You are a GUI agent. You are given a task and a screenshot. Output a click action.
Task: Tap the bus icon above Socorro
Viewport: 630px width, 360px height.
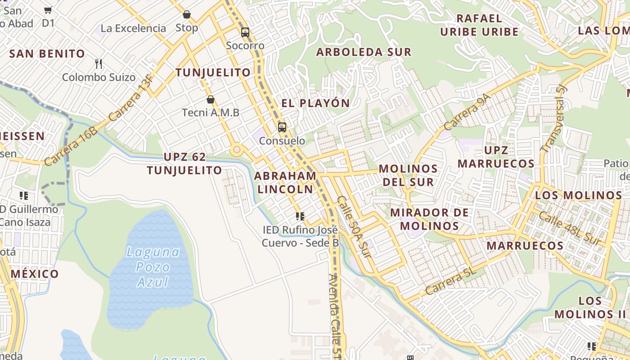coord(245,32)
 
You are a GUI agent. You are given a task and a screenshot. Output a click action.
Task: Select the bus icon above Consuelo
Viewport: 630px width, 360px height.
coord(282,127)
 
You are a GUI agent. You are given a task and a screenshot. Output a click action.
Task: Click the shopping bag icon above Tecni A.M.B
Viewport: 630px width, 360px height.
coord(210,99)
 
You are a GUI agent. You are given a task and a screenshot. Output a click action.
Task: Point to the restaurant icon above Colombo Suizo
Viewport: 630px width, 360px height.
coord(99,63)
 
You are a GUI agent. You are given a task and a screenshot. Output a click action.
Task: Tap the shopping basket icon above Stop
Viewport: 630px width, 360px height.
coord(186,14)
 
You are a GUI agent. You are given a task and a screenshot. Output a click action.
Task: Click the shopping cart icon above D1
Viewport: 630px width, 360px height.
coord(48,9)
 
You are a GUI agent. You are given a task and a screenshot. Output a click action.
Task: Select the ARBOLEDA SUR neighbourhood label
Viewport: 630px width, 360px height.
coord(364,52)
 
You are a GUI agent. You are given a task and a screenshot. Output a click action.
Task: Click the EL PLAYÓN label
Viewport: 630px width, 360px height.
coord(315,103)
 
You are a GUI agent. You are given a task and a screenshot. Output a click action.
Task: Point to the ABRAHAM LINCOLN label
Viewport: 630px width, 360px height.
coord(285,182)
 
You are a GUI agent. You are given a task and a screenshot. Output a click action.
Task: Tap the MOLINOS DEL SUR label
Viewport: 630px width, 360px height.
coord(408,175)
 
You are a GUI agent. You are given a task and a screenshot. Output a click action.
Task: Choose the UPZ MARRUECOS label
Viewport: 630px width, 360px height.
coord(496,157)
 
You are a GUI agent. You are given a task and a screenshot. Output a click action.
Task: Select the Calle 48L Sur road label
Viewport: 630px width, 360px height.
coord(570,229)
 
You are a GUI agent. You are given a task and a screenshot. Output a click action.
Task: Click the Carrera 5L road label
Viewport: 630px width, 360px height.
coord(450,281)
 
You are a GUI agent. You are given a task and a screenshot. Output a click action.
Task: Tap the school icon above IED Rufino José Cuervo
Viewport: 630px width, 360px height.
coord(300,216)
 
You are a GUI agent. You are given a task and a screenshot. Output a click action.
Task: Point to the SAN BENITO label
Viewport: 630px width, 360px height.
coord(47,54)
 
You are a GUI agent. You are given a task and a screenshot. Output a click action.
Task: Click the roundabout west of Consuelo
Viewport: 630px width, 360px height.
coord(236,149)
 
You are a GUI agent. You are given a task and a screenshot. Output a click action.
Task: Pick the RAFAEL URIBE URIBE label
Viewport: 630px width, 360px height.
coord(479,25)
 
